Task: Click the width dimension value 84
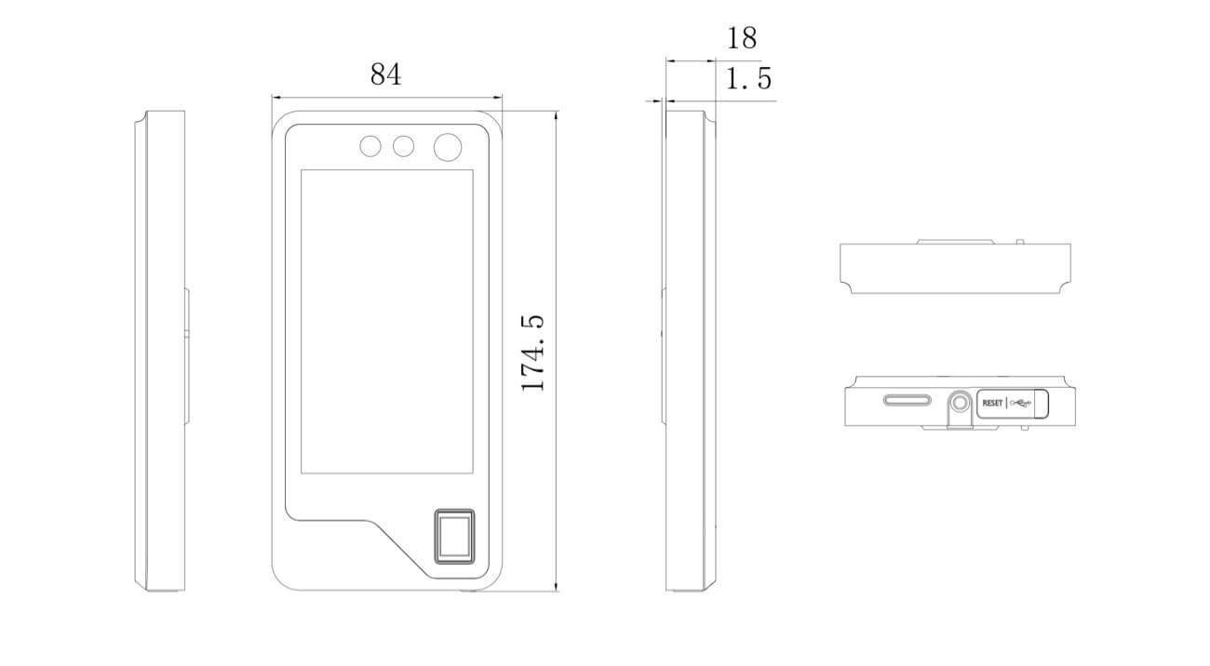(x=385, y=73)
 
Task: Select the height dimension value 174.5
(x=532, y=353)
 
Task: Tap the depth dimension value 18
(x=742, y=38)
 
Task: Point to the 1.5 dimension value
(x=748, y=78)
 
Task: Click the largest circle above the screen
(x=448, y=147)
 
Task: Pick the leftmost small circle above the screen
(x=370, y=146)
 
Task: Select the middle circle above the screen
(x=404, y=146)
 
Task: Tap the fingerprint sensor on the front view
(x=454, y=537)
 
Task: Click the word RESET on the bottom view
(x=992, y=403)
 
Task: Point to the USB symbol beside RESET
(x=1021, y=403)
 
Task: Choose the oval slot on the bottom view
(x=907, y=400)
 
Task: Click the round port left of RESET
(x=960, y=403)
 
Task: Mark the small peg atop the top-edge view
(x=1020, y=242)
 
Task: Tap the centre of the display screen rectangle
(x=387, y=322)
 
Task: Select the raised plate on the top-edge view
(x=955, y=242)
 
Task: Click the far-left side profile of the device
(x=160, y=351)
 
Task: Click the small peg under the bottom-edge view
(x=1024, y=428)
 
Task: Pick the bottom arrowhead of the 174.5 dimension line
(x=557, y=587)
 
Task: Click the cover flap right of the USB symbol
(x=1042, y=404)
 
